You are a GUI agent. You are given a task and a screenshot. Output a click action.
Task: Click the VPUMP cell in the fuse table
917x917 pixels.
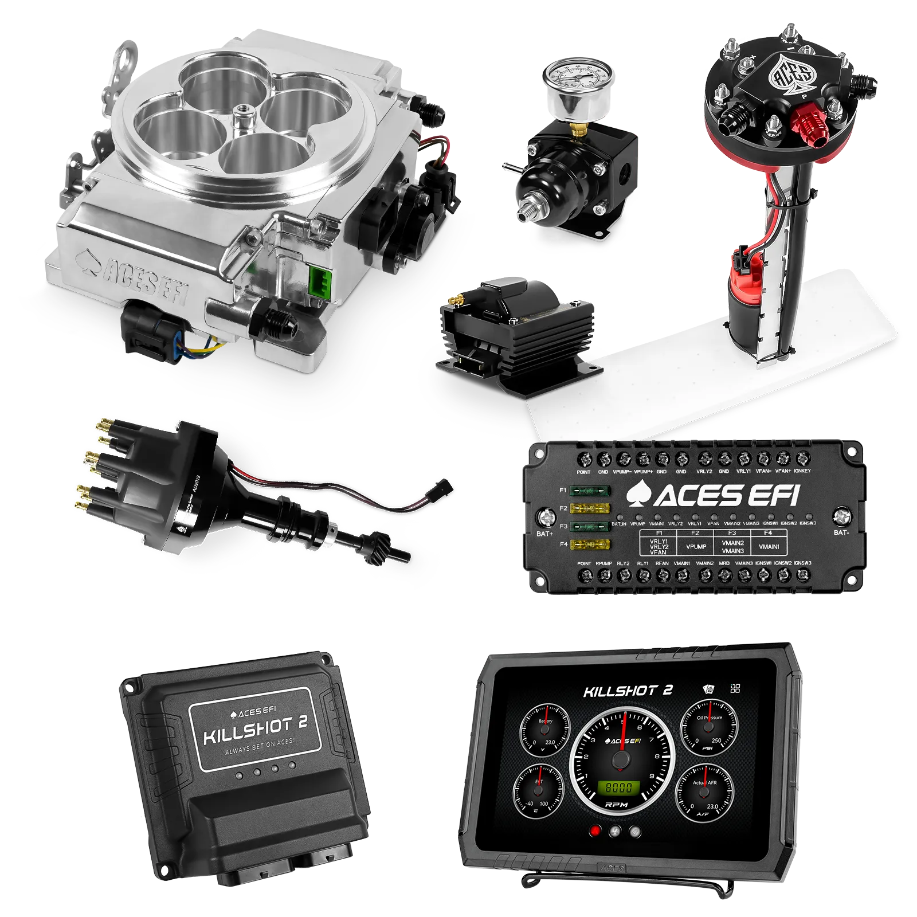click(696, 547)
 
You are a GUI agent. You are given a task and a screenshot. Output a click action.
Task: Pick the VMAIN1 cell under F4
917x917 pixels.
click(769, 547)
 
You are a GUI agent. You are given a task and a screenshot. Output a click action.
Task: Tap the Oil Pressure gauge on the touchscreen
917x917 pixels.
click(709, 727)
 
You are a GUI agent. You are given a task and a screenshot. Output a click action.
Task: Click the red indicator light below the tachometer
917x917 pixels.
click(595, 830)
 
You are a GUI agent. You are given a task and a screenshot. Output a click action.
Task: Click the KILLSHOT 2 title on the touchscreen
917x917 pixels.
click(628, 691)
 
